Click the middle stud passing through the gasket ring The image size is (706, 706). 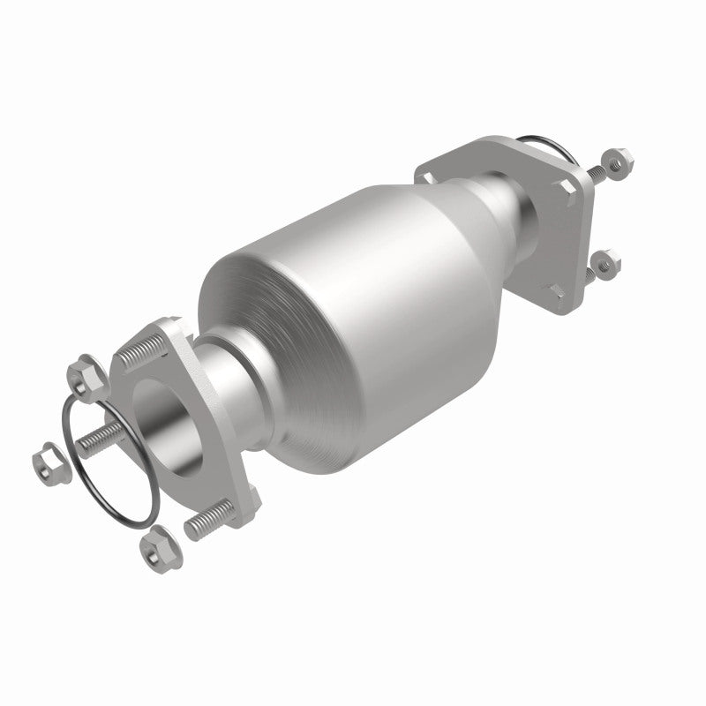pos(97,438)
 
